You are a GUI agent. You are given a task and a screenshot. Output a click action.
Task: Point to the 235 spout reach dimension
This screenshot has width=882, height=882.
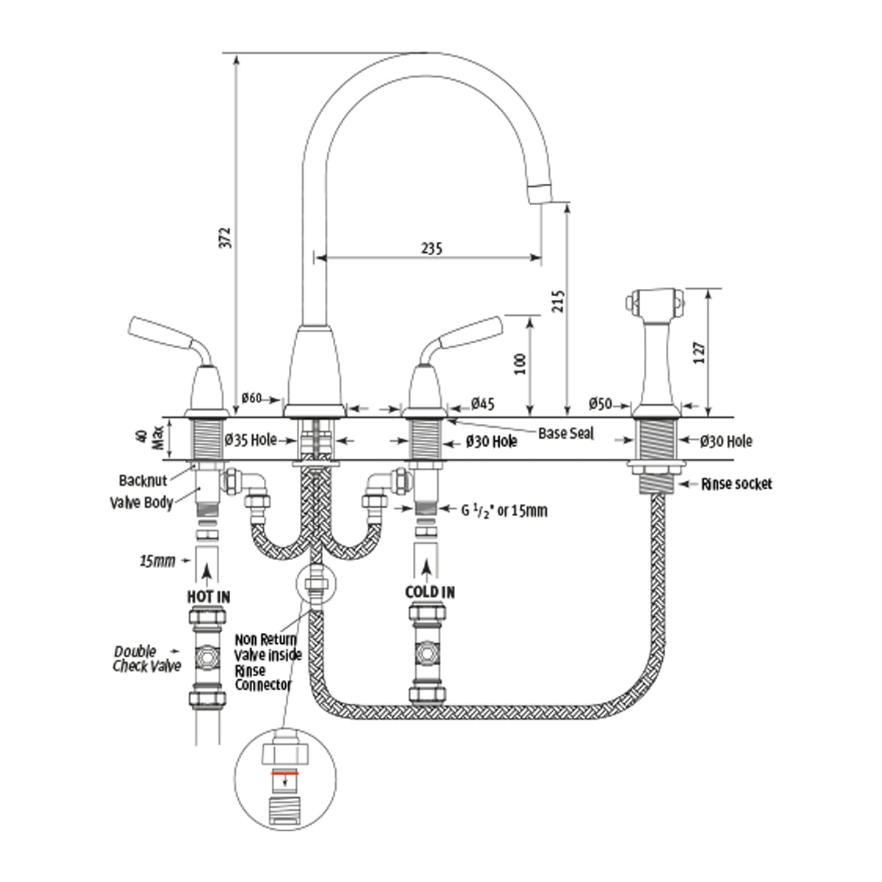pos(431,248)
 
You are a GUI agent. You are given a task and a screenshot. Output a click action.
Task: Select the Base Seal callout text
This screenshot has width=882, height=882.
pos(566,433)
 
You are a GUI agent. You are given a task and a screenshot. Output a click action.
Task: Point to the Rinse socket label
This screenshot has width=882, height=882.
pos(736,484)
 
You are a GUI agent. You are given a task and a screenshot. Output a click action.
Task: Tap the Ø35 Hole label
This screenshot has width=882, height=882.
pos(251,440)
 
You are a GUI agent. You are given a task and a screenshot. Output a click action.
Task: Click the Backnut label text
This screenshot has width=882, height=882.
pos(143,481)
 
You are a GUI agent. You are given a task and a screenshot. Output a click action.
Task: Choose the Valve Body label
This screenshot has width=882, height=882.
pos(141,503)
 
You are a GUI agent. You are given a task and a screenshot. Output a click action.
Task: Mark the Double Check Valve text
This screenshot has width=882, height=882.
pos(147,659)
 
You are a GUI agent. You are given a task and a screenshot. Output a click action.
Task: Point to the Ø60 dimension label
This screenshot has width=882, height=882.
pos(251,398)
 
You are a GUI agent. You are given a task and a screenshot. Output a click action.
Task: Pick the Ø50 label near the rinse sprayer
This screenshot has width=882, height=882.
pos(600,403)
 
